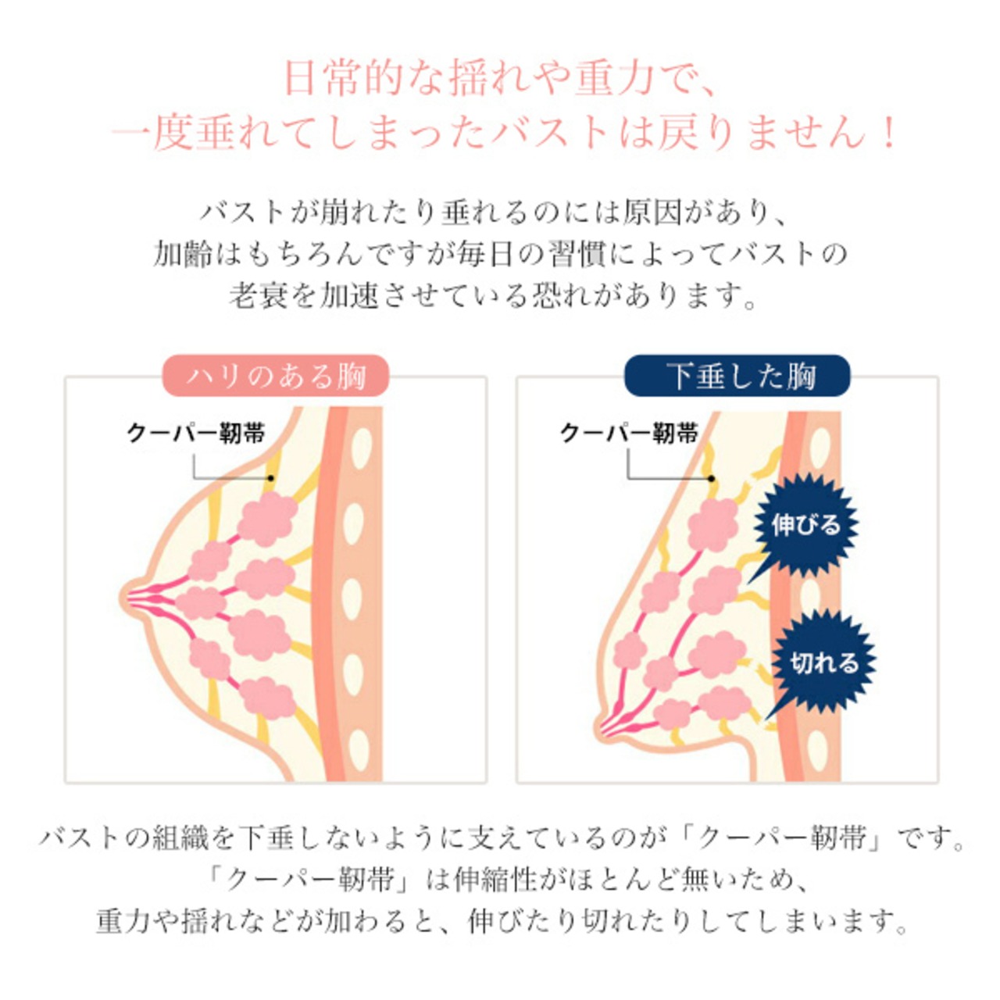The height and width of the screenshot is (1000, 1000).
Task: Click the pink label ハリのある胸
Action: point(276,376)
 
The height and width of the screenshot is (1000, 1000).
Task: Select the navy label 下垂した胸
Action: point(737,376)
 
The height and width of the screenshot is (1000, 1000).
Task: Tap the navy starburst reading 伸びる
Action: point(805,524)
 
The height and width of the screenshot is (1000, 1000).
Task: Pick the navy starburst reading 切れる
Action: point(823,662)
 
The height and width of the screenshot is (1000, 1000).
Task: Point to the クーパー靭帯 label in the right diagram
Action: point(629,433)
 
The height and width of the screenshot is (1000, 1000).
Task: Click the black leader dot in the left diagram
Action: point(270,477)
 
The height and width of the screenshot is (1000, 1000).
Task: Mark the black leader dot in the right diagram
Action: point(712,477)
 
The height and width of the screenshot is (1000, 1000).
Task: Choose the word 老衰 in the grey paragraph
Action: point(259,295)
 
